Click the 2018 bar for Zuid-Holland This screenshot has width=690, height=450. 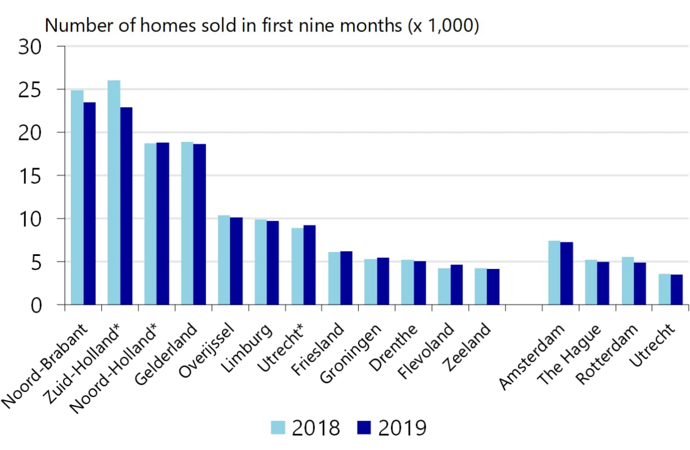(114, 192)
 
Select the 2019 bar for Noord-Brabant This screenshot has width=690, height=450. (89, 204)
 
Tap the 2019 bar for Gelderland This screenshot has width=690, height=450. (200, 224)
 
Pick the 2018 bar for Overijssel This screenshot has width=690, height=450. (224, 260)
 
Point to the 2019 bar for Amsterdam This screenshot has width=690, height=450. (567, 273)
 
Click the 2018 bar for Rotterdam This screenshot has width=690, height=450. (628, 281)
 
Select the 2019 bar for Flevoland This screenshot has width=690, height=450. (457, 285)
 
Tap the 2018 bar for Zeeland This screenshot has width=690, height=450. (481, 287)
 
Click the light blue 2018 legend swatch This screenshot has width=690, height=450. (278, 427)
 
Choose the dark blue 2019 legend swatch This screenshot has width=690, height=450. (364, 427)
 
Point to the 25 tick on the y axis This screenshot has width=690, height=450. (61, 89)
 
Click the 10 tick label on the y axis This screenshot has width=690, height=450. (30, 220)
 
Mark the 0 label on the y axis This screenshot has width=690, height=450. (36, 307)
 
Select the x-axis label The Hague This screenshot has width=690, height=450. (569, 354)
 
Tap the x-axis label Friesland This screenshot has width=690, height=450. (318, 349)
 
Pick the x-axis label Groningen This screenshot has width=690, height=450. (350, 353)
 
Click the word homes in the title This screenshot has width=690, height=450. (168, 25)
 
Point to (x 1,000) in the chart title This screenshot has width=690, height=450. (444, 26)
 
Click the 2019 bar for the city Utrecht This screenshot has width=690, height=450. (677, 290)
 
